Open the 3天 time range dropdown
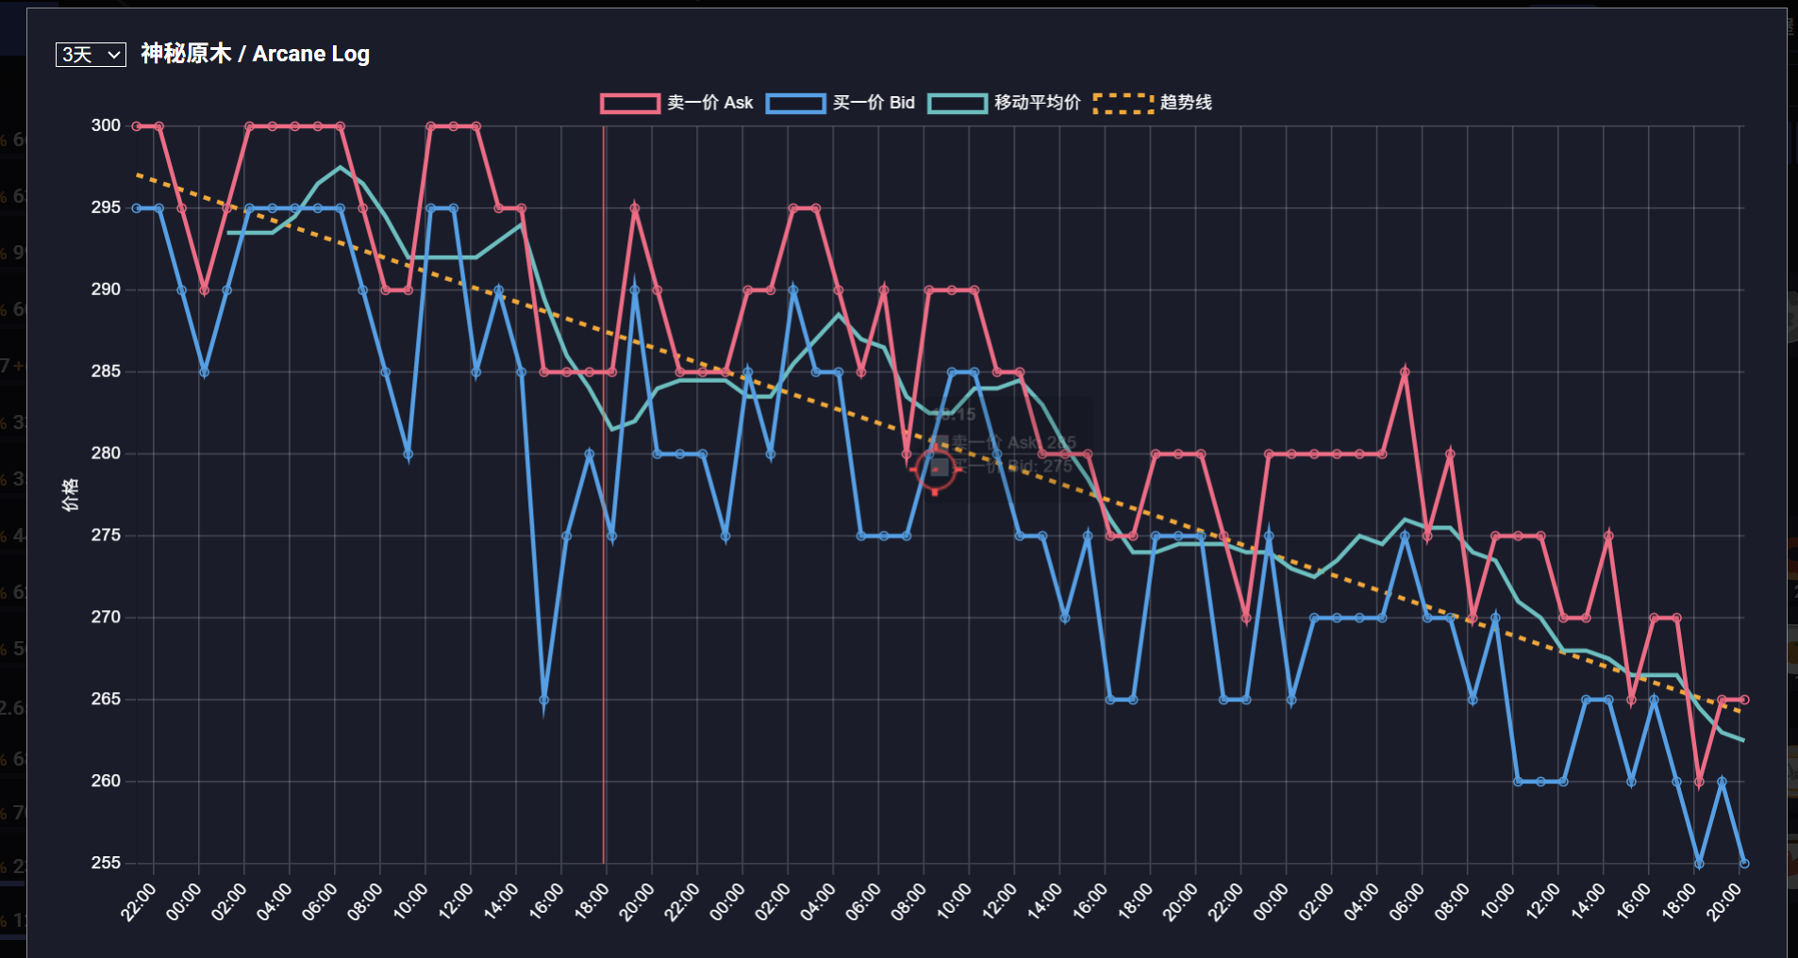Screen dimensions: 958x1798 click(x=91, y=55)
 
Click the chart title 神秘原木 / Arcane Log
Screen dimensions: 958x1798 click(x=255, y=54)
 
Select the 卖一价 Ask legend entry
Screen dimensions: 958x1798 click(x=677, y=103)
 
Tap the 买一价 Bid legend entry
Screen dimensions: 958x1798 click(x=841, y=103)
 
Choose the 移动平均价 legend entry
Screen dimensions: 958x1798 click(x=1005, y=103)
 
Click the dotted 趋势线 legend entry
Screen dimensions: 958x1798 click(x=1153, y=103)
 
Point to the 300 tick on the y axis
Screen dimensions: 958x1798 click(x=106, y=125)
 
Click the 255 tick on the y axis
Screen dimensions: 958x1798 click(x=106, y=863)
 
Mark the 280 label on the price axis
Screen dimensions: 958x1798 click(x=106, y=454)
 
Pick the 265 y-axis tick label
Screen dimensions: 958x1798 click(x=106, y=699)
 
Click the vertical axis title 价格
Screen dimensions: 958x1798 click(x=71, y=494)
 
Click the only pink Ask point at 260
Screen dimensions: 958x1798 click(x=1699, y=782)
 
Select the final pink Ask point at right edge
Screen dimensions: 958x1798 click(x=1744, y=700)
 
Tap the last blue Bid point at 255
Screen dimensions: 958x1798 click(x=1744, y=863)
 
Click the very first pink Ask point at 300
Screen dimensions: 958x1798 click(x=137, y=125)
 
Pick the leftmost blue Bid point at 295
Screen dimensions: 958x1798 click(x=137, y=207)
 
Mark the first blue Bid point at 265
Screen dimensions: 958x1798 click(x=544, y=700)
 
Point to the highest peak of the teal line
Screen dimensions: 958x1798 click(x=341, y=168)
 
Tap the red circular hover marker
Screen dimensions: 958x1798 click(x=936, y=469)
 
